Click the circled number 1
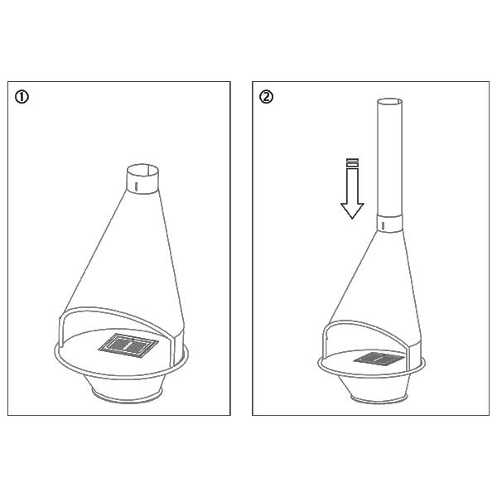[x=22, y=97]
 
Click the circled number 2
[x=266, y=97]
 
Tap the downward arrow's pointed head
[x=352, y=210]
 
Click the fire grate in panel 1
[x=128, y=345]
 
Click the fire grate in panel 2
[x=379, y=359]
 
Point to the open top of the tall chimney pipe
[x=389, y=103]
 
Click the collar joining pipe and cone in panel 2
[x=390, y=224]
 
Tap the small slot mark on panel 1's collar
[x=136, y=186]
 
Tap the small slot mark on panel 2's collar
[x=384, y=226]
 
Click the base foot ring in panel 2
[x=379, y=399]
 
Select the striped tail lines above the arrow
[x=353, y=163]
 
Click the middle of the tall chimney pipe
[x=389, y=158]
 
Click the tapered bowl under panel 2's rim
[x=379, y=385]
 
